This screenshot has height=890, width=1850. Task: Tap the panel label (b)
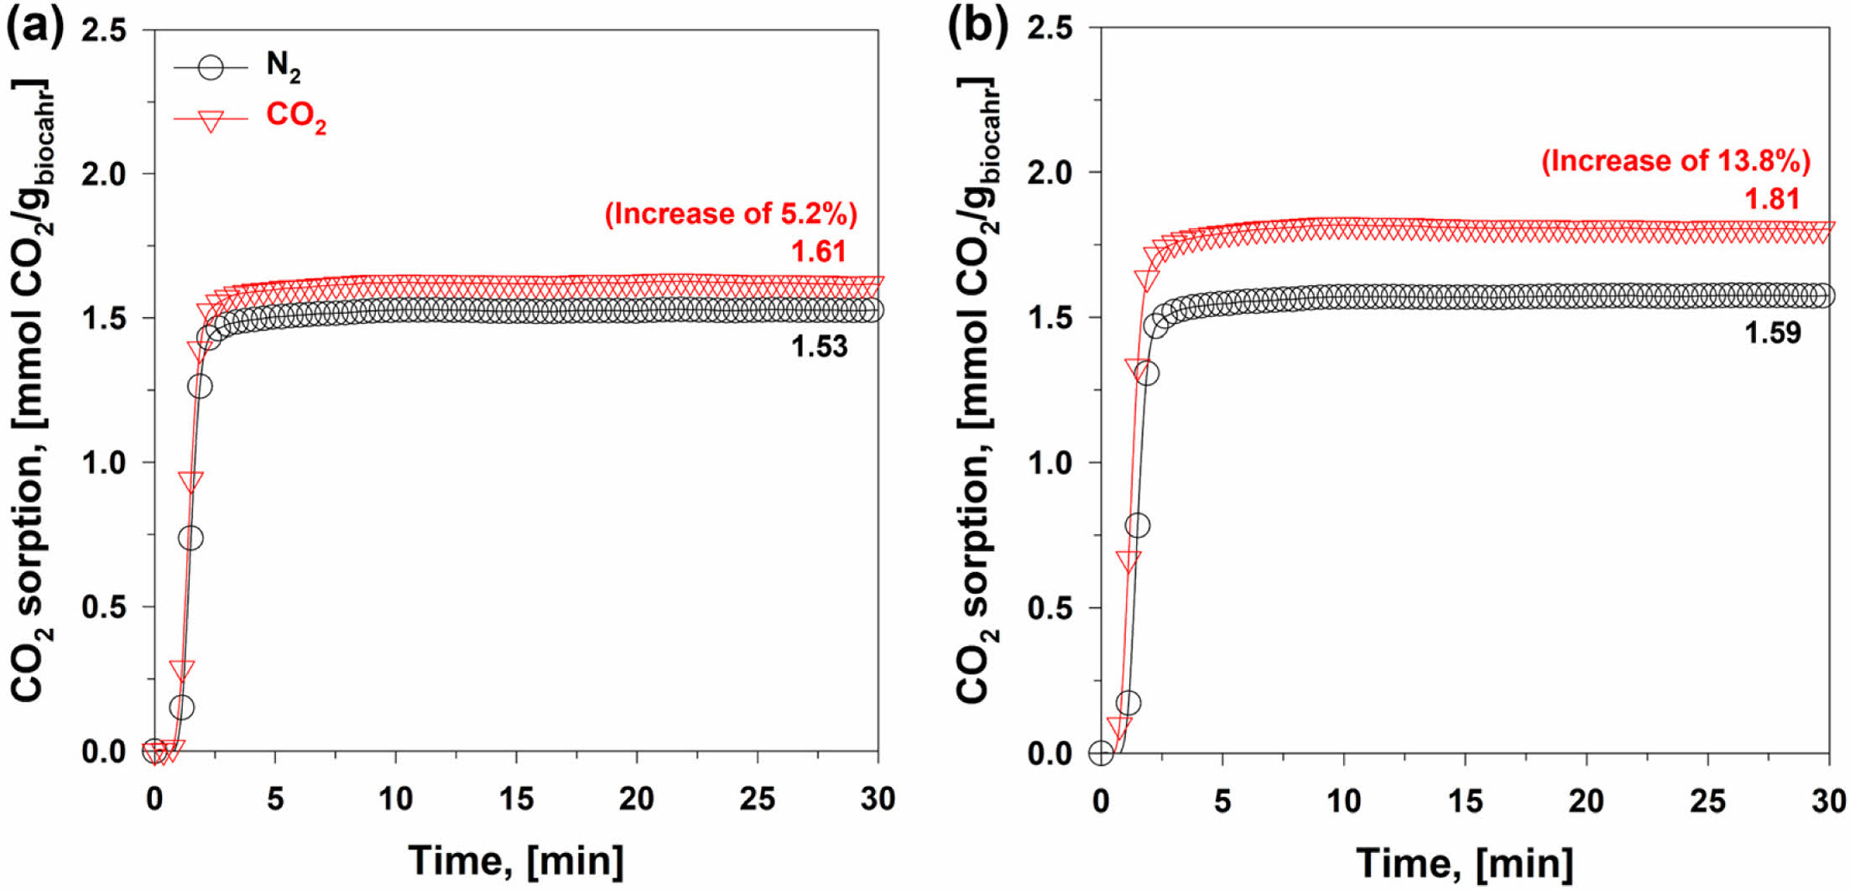tap(977, 27)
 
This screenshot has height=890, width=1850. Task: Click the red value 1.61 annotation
tap(819, 251)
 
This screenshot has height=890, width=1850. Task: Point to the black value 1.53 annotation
tap(819, 346)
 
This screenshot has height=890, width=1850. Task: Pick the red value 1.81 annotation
tap(1772, 199)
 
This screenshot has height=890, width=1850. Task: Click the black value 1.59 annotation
tap(1772, 333)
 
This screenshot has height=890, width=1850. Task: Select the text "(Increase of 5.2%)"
tap(731, 214)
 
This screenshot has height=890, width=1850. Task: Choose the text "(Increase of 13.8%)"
tap(1675, 161)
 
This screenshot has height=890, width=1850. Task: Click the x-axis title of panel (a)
tap(516, 861)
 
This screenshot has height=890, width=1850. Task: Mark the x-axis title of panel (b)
tap(1464, 862)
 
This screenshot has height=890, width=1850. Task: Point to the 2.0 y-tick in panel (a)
tap(105, 174)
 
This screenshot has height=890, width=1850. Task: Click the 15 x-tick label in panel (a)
tap(516, 799)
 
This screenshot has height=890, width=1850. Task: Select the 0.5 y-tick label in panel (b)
tap(1050, 608)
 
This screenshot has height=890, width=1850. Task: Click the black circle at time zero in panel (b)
tap(1101, 753)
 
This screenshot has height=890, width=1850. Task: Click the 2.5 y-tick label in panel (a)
tap(105, 31)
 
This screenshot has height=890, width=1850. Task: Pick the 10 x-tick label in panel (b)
tap(1343, 802)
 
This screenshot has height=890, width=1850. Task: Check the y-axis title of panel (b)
tap(977, 390)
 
